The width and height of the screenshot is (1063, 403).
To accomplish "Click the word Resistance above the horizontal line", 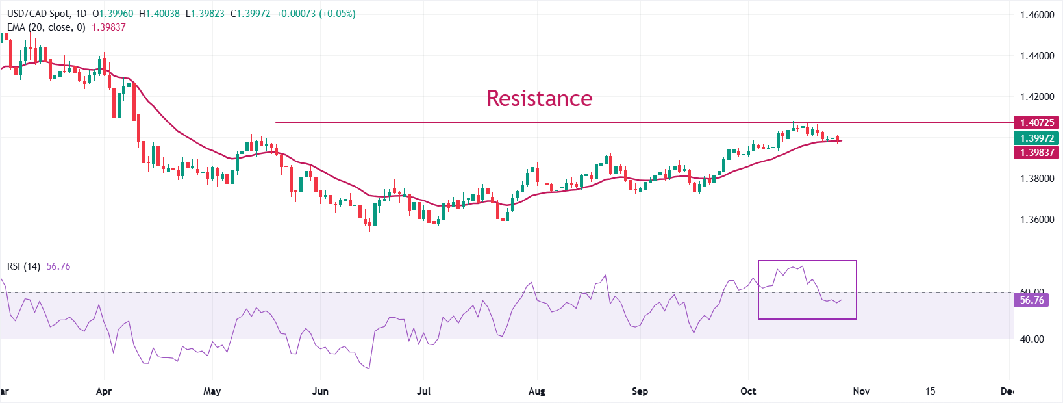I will [539, 98].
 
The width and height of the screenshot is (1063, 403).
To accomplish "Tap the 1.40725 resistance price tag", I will [1036, 122].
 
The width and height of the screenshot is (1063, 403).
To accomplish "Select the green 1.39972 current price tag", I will [1036, 138].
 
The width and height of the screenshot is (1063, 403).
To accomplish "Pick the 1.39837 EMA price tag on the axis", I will [1036, 152].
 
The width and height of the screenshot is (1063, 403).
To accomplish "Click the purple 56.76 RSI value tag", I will [1031, 300].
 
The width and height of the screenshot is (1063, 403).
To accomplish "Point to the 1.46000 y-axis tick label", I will [1036, 15].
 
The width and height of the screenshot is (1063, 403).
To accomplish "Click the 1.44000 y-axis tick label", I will [1036, 56].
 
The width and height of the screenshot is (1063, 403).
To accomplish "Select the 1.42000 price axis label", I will [1036, 97].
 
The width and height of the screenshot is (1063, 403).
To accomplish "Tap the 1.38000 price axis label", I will [1036, 179].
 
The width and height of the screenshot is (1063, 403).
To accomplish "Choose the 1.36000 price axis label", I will [1036, 220].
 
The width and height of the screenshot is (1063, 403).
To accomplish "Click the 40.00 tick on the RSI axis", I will [1031, 339].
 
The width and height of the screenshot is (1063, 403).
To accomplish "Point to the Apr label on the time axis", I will [104, 391].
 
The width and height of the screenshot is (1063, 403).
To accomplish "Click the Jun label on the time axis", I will [320, 391].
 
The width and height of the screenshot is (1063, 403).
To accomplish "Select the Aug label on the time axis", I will [537, 391].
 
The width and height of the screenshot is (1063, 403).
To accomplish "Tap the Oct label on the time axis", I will [748, 391].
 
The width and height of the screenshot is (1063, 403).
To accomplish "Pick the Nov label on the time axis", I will [861, 391].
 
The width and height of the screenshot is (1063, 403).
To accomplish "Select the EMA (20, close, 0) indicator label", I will [46, 27].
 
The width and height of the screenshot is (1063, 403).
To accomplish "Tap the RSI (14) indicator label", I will [23, 266].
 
